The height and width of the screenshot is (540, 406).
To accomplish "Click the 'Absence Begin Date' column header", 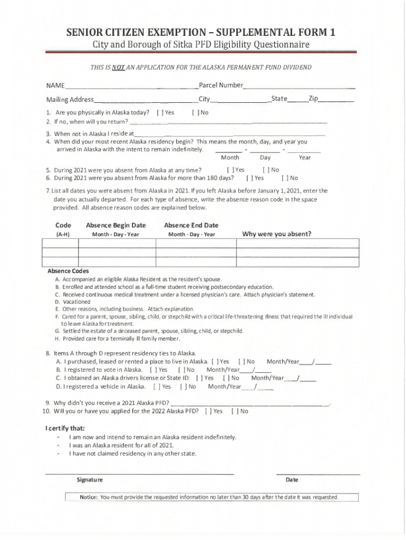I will pyautogui.click(x=115, y=225).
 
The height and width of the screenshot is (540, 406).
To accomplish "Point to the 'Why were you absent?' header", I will pyautogui.click(x=276, y=234).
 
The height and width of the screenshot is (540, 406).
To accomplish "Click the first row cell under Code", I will pyautogui.click(x=60, y=243).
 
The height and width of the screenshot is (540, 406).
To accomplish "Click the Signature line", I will pyautogui.click(x=140, y=474).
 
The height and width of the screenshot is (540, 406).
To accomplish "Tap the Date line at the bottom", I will pyautogui.click(x=317, y=474).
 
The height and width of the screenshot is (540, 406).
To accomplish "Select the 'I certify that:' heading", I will pyautogui.click(x=65, y=428).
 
